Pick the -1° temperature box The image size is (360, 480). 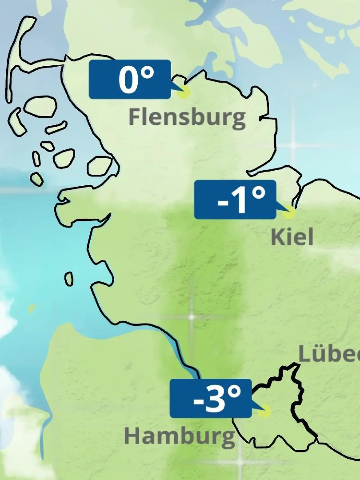tap(235, 199)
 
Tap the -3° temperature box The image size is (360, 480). tap(211, 398)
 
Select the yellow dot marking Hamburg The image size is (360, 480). tap(264, 411)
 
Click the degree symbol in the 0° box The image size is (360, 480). tap(147, 73)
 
